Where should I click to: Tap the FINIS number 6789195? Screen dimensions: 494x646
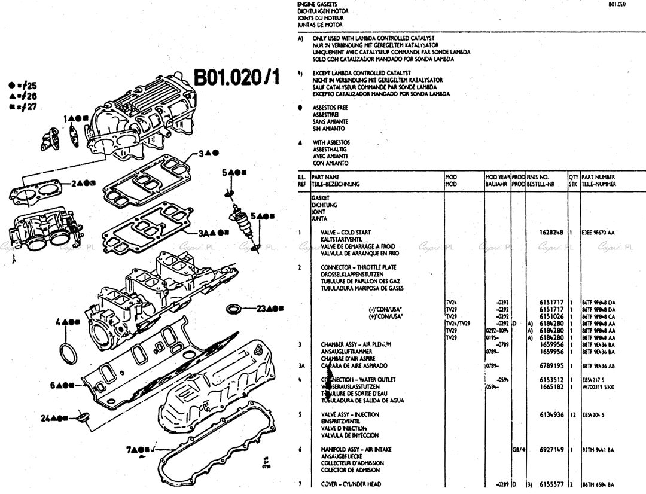[548, 365]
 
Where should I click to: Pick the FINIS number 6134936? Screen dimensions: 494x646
[548, 414]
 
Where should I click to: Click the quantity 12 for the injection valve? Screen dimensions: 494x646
[572, 414]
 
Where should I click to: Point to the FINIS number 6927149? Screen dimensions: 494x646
[548, 449]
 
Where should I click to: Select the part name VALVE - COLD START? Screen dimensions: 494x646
[346, 233]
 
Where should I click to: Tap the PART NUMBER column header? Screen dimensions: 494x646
[598, 178]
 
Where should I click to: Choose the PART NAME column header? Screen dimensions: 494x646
[325, 178]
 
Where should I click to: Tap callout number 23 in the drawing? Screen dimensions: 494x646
[261, 309]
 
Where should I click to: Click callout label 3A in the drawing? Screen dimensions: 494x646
[204, 233]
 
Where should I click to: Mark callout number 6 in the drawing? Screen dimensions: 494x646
[53, 385]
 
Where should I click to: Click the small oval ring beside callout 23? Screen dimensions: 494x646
[234, 309]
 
